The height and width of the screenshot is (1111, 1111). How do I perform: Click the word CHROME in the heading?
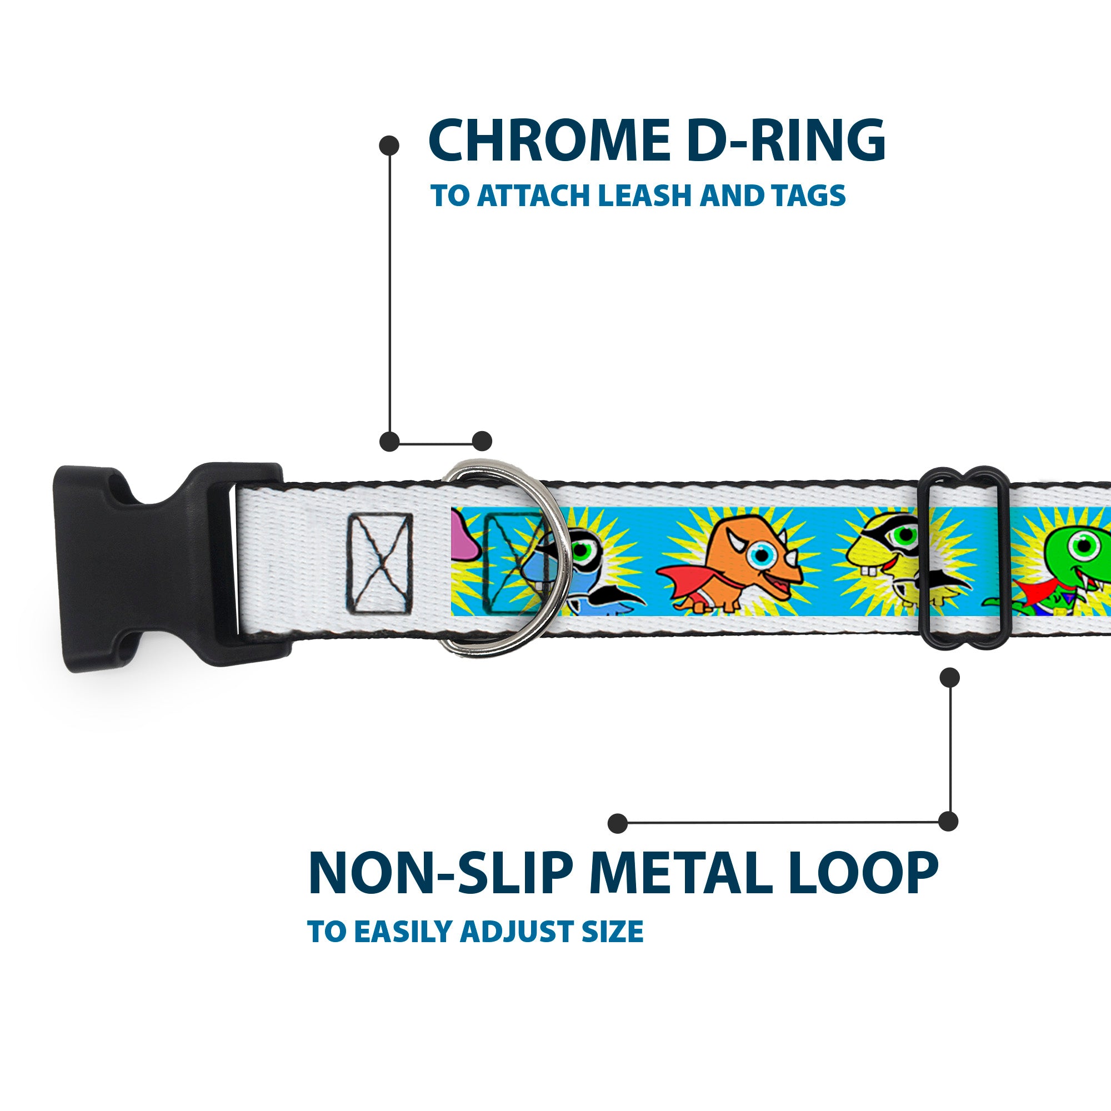point(549,141)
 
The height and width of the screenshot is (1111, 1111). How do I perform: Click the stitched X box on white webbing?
point(379,562)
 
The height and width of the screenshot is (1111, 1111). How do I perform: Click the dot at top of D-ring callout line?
point(389,146)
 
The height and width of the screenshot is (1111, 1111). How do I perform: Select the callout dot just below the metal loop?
point(949,677)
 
